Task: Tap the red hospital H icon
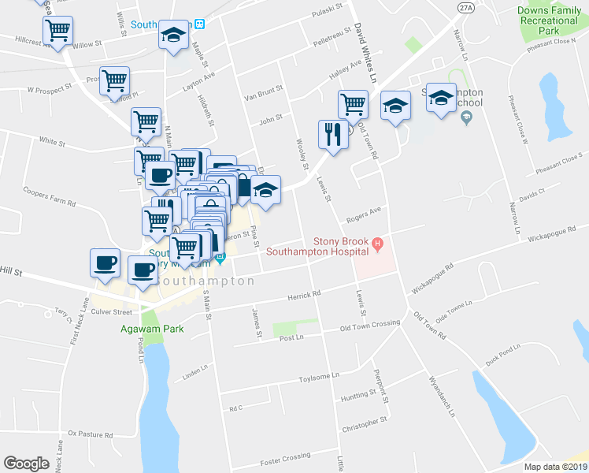pos(378,242)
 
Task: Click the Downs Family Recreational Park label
pos(550,20)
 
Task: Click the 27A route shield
pos(466,7)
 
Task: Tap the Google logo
pos(26,464)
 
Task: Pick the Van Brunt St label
pos(263,95)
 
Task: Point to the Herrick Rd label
pos(304,295)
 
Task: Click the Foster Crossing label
pos(286,457)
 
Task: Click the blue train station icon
pos(200,23)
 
